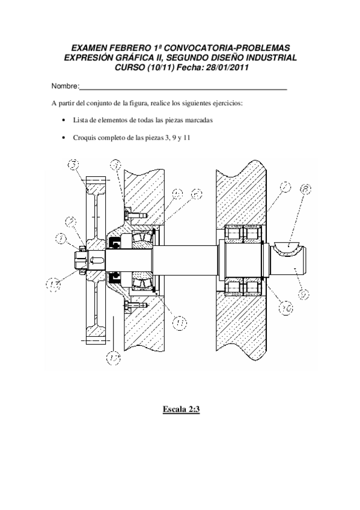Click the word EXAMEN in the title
90,47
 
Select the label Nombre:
66,88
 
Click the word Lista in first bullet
81,120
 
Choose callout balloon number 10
286,309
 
